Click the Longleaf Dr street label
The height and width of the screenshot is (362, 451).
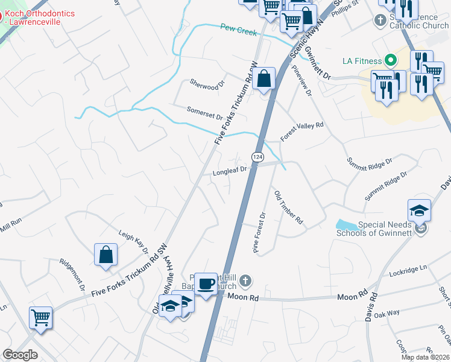point(230,171)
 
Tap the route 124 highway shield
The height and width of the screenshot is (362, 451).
point(257,157)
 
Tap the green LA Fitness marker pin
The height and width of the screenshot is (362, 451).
point(390,60)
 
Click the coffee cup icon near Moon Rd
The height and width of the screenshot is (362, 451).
point(206,283)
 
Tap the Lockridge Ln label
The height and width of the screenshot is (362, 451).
point(408,270)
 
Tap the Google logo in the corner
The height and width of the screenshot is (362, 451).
point(20,355)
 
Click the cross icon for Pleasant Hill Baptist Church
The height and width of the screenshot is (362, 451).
point(245,280)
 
